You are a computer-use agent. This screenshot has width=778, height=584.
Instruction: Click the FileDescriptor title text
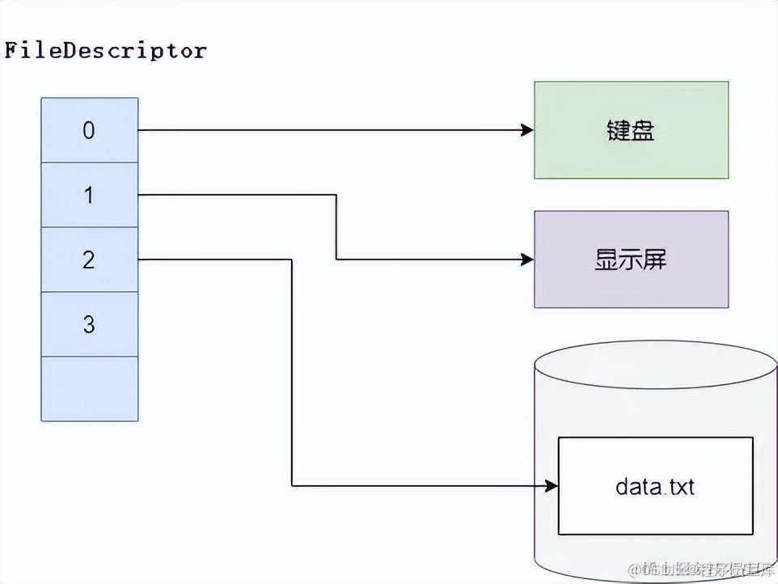click(x=105, y=51)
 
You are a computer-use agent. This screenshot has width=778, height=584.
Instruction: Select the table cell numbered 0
click(x=89, y=130)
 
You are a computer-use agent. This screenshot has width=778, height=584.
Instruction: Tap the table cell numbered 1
click(x=89, y=195)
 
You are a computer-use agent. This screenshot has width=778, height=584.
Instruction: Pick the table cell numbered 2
click(x=89, y=260)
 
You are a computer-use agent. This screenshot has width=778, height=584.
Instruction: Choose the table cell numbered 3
click(x=89, y=324)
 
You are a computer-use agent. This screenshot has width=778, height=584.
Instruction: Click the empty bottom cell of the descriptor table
click(x=89, y=388)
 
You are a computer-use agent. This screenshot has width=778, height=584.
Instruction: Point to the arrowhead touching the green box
click(x=528, y=130)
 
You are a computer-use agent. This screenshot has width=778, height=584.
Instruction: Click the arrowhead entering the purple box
click(x=528, y=260)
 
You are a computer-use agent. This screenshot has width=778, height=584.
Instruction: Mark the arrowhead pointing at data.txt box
click(x=552, y=486)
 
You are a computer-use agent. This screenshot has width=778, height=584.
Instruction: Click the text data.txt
click(x=655, y=486)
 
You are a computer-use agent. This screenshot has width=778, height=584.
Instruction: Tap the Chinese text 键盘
click(x=631, y=130)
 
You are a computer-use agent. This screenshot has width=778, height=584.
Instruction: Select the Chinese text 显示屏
click(x=631, y=260)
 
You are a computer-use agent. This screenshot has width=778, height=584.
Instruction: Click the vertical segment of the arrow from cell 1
click(x=336, y=227)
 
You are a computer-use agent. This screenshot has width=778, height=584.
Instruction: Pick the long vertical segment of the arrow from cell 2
click(x=292, y=372)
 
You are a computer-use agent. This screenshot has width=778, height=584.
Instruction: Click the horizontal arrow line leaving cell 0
click(x=323, y=130)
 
